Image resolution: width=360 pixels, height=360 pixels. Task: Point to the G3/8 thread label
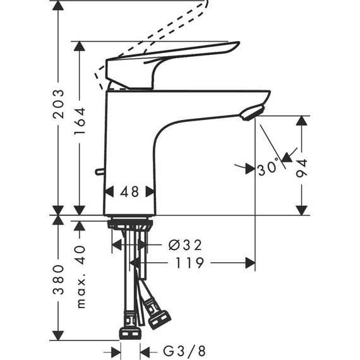pyautogui.click(x=183, y=351)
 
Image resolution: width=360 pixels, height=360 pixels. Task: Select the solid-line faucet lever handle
pyautogui.click(x=171, y=60)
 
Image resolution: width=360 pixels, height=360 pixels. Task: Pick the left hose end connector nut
pyautogui.click(x=129, y=333)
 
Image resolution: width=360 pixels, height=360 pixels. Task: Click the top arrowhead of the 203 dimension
pyautogui.click(x=58, y=6)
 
